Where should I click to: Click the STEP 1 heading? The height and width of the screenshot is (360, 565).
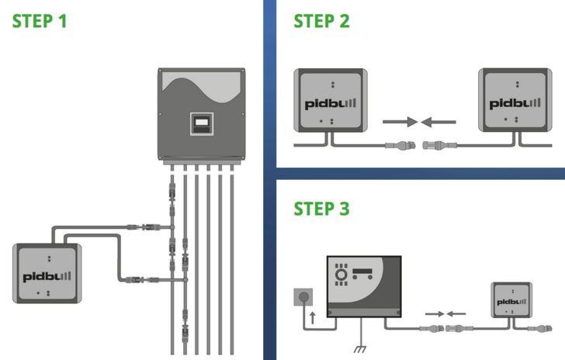39,21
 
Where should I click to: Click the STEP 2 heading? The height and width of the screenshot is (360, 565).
321,21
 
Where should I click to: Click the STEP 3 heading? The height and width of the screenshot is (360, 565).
321,209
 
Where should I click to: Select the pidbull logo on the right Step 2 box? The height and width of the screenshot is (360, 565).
511,102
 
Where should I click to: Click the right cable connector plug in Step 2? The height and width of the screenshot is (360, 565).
435,144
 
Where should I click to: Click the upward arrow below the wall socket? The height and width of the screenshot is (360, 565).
312,317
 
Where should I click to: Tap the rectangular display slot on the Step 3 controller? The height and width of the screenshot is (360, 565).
366,272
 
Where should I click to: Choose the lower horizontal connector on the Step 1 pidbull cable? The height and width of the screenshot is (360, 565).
137,278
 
